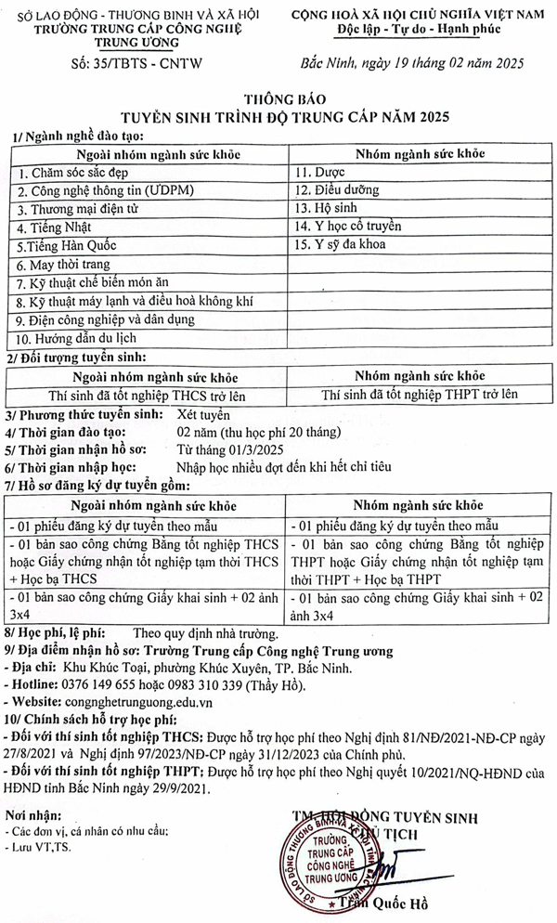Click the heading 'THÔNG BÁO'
[x=279, y=98]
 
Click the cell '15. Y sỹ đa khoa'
[x=341, y=245]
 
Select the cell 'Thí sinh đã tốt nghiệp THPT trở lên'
[x=419, y=394]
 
